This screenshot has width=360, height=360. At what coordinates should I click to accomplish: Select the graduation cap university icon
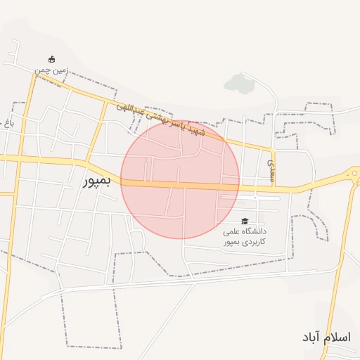point(245,221)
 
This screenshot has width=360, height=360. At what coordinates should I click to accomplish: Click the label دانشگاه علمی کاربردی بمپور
point(245,236)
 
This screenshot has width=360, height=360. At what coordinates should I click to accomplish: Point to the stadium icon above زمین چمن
point(51,59)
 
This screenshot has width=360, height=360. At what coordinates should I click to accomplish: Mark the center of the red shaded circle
point(180,179)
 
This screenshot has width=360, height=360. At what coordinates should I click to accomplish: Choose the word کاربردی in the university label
point(255,242)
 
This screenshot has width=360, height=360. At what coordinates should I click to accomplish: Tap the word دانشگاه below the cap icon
point(255,231)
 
